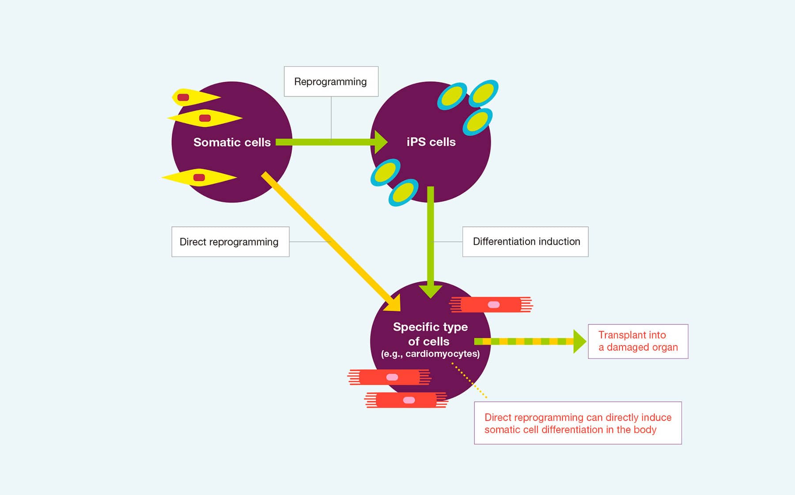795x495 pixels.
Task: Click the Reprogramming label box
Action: tap(331, 81)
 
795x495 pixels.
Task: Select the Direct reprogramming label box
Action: tap(230, 242)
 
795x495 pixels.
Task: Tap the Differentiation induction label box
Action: tap(525, 242)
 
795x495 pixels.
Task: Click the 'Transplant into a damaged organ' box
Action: tap(638, 341)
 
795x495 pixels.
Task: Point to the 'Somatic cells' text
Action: tap(232, 142)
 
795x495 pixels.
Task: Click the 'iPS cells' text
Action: tap(431, 142)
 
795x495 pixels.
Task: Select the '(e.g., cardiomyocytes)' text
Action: tap(430, 354)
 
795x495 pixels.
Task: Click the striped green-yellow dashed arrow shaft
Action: tap(524, 342)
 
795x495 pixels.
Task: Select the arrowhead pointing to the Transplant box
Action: tap(579, 342)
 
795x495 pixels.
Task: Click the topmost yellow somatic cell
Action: tap(196, 97)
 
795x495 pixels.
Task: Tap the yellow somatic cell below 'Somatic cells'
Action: tap(199, 177)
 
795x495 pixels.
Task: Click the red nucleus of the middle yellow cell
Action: tap(205, 118)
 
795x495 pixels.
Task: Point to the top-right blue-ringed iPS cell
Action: tap(484, 93)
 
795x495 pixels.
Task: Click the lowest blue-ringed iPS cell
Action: tap(404, 193)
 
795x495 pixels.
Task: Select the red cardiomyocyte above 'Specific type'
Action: tap(491, 305)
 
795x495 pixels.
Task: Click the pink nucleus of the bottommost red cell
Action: tap(409, 400)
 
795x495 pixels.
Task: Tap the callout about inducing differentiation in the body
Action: tap(578, 423)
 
